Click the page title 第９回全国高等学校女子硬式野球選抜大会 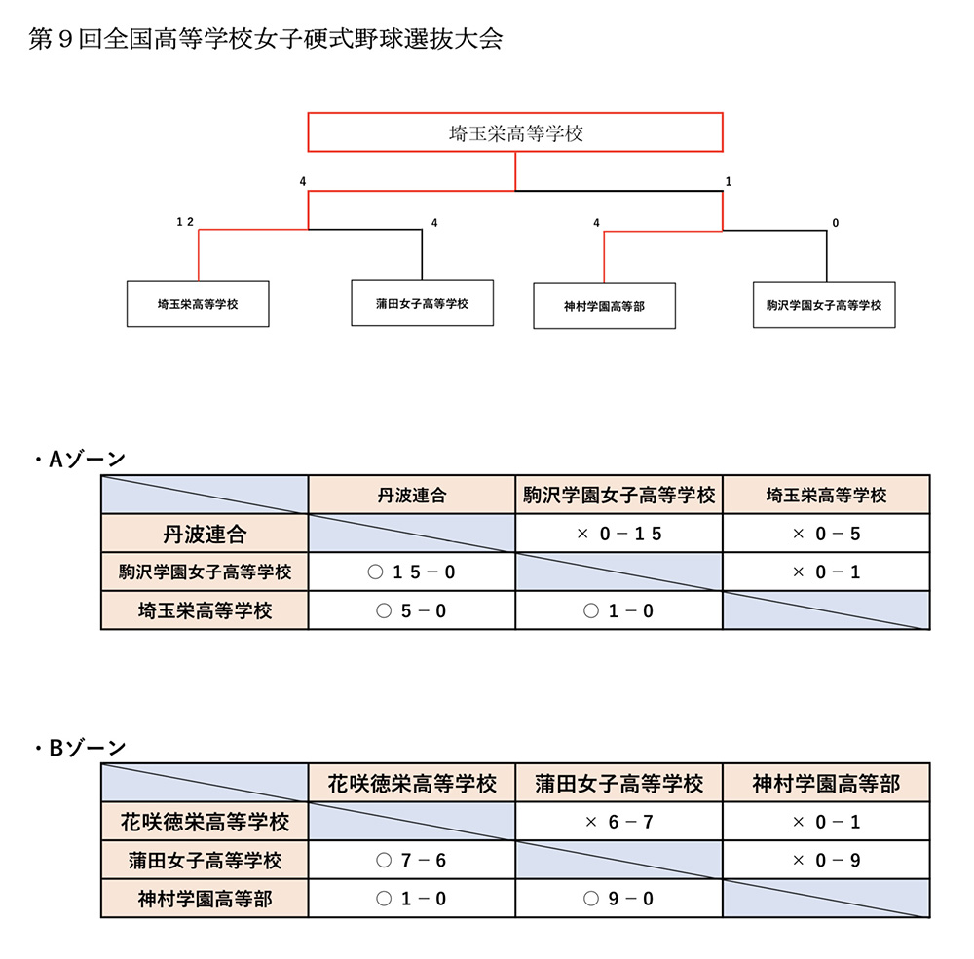[265, 39]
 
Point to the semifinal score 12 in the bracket [185, 222]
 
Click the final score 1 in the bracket [728, 181]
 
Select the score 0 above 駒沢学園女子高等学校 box [836, 222]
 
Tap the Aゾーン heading [80, 459]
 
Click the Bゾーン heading [80, 747]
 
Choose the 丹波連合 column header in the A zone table [412, 495]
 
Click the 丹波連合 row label [205, 534]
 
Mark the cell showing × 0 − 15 [618, 534]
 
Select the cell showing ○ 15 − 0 [412, 572]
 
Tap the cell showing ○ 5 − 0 [412, 610]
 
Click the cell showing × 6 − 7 [618, 822]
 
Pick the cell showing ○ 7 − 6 [412, 861]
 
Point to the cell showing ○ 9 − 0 [618, 898]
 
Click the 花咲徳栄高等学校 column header [412, 783]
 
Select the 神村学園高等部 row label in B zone [205, 898]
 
